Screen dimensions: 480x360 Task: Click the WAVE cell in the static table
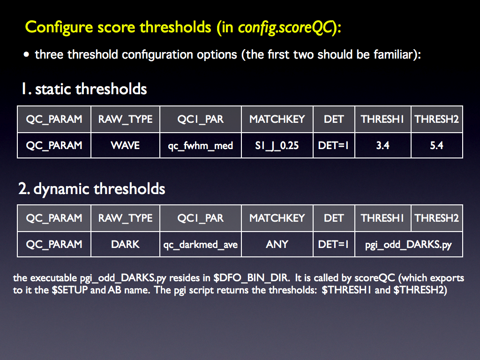click(125, 145)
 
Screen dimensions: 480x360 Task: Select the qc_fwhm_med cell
click(201, 145)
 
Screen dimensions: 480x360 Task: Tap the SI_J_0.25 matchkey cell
click(277, 145)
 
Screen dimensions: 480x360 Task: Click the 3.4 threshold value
click(382, 145)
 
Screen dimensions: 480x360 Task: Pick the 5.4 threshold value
click(436, 145)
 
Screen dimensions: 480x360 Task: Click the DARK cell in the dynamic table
click(125, 244)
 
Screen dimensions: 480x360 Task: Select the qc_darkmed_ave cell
click(201, 244)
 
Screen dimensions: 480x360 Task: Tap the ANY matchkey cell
click(277, 244)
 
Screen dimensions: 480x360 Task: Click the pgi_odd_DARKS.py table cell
click(408, 245)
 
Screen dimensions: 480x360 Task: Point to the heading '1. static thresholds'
click(84, 89)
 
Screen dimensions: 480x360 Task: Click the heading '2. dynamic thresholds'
click(91, 188)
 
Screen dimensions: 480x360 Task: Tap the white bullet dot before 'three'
click(26, 54)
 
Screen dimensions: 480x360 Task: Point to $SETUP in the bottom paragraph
click(70, 290)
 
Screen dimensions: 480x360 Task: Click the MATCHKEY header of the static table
click(277, 119)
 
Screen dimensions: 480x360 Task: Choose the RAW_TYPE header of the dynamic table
click(125, 218)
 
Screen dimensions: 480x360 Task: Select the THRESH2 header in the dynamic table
click(436, 218)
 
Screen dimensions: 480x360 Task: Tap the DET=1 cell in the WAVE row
click(333, 145)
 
